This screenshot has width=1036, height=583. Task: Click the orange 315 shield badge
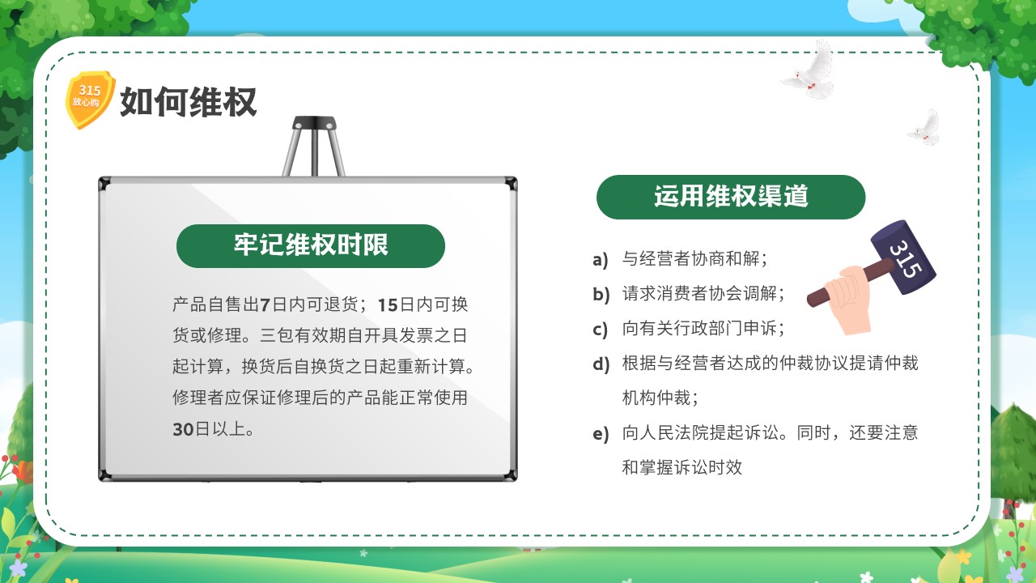click(x=90, y=99)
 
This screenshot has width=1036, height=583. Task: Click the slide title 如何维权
click(x=189, y=102)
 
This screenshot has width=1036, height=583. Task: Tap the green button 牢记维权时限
click(x=310, y=245)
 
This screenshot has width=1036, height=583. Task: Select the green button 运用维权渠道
click(x=731, y=197)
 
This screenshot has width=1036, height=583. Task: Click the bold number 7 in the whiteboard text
click(x=265, y=305)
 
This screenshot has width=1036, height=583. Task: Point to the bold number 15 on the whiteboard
click(x=388, y=305)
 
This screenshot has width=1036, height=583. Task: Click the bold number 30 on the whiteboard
click(x=183, y=429)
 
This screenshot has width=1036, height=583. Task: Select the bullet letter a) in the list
click(x=601, y=260)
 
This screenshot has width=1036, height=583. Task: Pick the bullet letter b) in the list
click(x=601, y=294)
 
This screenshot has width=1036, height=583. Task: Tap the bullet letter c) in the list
click(x=600, y=330)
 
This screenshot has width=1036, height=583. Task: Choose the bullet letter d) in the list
click(x=601, y=364)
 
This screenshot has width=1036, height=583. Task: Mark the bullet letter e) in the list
click(x=601, y=434)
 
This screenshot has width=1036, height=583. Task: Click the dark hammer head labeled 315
click(x=902, y=257)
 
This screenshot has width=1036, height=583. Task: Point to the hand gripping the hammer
click(x=848, y=299)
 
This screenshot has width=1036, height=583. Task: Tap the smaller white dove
click(x=924, y=128)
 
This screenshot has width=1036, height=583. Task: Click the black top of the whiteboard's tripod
click(x=315, y=122)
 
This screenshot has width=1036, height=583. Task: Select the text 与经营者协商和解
click(x=691, y=258)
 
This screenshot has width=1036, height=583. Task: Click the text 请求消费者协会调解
click(x=699, y=293)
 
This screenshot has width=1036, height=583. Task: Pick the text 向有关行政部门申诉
click(x=699, y=329)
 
